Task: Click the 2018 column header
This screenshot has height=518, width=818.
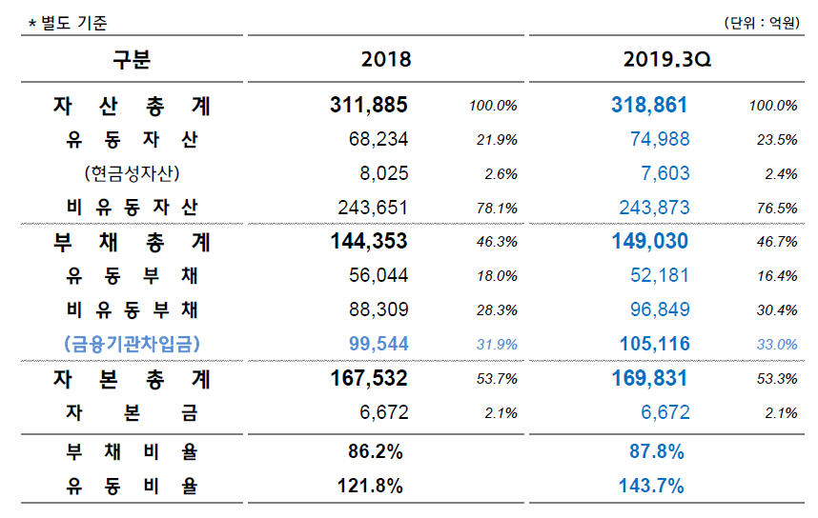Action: click(386, 59)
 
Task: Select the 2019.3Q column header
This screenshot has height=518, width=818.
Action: click(668, 59)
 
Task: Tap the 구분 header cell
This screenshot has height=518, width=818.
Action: click(133, 59)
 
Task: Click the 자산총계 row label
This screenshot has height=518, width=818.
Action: click(133, 106)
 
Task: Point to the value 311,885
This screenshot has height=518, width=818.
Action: click(369, 106)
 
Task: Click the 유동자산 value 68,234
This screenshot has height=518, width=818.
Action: click(378, 140)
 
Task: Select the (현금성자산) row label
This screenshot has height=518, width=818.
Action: click(133, 173)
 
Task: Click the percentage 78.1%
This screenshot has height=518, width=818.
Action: click(496, 208)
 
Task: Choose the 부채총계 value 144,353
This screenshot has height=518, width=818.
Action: click(369, 242)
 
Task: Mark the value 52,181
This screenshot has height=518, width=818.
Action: click(660, 276)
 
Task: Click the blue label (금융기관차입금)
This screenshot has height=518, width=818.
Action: click(133, 344)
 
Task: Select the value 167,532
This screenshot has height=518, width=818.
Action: click(369, 379)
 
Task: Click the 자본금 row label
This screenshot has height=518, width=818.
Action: click(133, 412)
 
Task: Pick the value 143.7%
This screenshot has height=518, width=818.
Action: click(651, 486)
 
